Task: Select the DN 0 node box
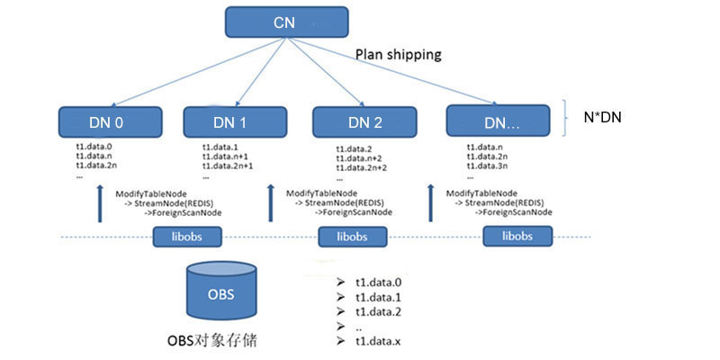pos(103,121)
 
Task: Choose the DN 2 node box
pos(364,121)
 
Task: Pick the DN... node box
pos(498,121)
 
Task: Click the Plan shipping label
pos(398,54)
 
